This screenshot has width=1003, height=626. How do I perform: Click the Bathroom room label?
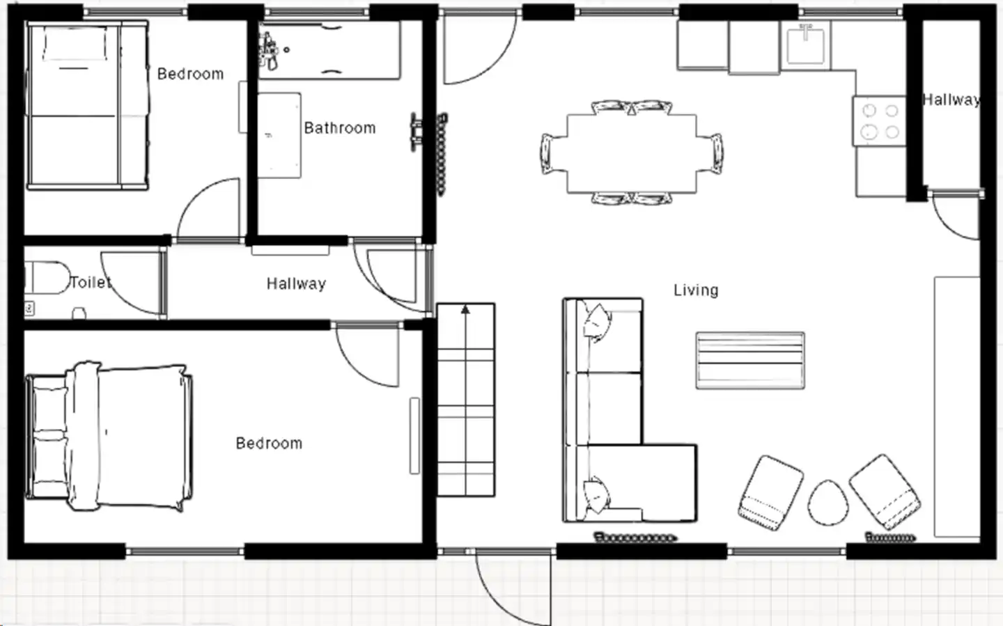pyautogui.click(x=339, y=128)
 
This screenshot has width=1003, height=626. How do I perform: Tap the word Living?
pyautogui.click(x=696, y=290)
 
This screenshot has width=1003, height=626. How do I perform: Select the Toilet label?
pyautogui.click(x=91, y=282)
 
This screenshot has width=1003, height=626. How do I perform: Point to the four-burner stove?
pyautogui.click(x=880, y=121)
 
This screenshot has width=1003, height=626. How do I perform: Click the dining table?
pyautogui.click(x=631, y=154)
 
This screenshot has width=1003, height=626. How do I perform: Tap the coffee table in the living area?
pyautogui.click(x=750, y=361)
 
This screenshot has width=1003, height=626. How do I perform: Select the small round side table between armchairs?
pyautogui.click(x=828, y=503)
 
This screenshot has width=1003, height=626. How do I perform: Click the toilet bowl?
pyautogui.click(x=47, y=278)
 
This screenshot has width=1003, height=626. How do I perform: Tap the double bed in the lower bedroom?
pyautogui.click(x=109, y=437)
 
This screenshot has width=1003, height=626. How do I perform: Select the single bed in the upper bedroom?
pyautogui.click(x=87, y=106)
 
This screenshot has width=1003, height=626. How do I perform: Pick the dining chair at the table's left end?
pyautogui.click(x=549, y=154)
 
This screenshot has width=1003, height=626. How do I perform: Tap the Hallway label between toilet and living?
pyautogui.click(x=296, y=283)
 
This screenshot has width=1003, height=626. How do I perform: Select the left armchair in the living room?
pyautogui.click(x=770, y=492)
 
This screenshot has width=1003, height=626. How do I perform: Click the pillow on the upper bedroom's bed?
pyautogui.click(x=75, y=43)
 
